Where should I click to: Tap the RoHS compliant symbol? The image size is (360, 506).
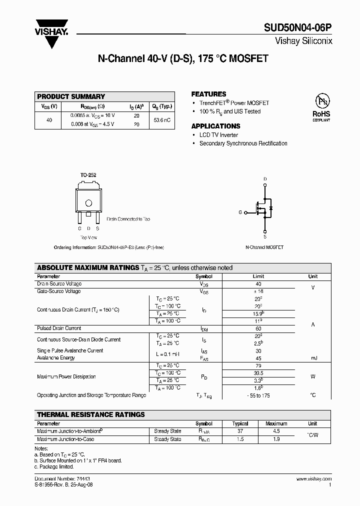tap(321, 107)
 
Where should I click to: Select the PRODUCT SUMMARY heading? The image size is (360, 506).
tap(71, 96)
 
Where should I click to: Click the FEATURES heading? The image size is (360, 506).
tap(208, 94)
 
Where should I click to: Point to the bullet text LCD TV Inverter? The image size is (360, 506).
tap(218, 135)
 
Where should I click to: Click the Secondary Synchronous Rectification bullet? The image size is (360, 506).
tap(243, 143)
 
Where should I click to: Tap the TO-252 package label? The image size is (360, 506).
tap(88, 175)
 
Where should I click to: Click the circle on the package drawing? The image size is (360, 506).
tap(88, 203)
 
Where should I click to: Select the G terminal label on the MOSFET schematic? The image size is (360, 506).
tap(240, 212)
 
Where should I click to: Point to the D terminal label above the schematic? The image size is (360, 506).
tap(265, 179)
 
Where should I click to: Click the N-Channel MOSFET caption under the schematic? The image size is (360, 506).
tap(264, 247)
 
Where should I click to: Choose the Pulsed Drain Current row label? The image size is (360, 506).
tap(59, 328)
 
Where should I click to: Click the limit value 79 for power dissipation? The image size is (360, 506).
tap(258, 365)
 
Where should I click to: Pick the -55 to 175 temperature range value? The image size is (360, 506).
tap(258, 395)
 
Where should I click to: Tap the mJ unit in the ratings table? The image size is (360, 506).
tap(312, 358)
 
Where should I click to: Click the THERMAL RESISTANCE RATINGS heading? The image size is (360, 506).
tap(91, 414)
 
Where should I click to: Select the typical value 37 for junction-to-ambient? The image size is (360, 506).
tap(240, 431)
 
